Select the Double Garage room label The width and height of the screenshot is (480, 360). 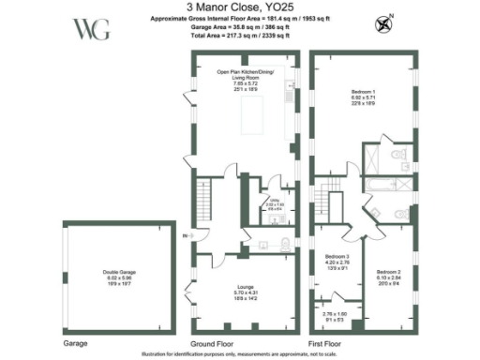click(118, 278)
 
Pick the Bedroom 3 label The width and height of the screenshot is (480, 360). click(337, 262)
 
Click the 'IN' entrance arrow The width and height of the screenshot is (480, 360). click(187, 234)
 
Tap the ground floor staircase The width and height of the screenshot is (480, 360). click(202, 199)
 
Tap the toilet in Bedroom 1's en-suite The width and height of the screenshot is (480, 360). click(400, 157)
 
